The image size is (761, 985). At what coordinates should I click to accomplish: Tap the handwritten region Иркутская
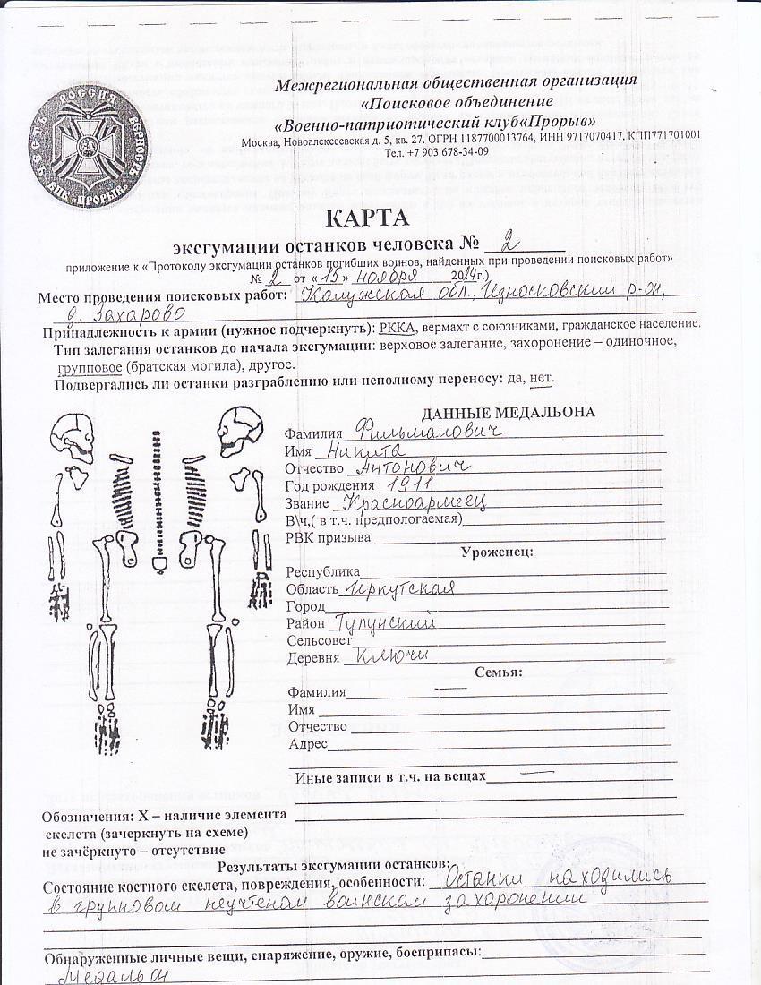(399, 587)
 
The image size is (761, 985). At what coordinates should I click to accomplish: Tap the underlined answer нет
(541, 378)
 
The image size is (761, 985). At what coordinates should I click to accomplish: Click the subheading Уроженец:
(497, 552)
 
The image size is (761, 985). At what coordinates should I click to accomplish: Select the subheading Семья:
(499, 672)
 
